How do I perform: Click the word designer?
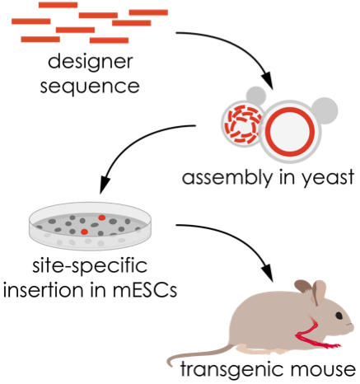pos(91,63)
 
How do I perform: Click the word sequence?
pos(90,87)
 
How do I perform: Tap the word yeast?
pos(328,179)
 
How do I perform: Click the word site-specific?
pos(90,266)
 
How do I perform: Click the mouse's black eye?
pos(339,316)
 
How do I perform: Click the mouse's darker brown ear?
pos(303,287)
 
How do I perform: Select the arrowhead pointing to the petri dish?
pos(104,185)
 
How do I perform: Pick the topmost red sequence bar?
pos(58,5)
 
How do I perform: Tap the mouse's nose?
pos(353,325)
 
